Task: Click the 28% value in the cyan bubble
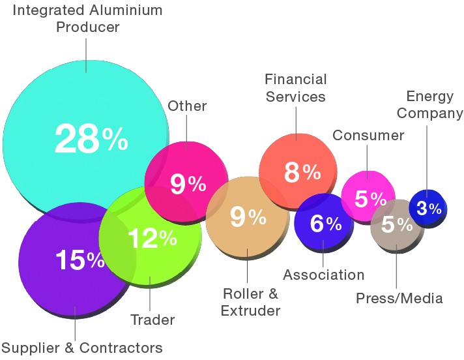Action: click(91, 139)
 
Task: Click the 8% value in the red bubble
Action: click(302, 173)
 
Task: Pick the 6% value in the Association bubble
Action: click(325, 224)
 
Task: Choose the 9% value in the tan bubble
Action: click(248, 218)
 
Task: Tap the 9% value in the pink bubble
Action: click(188, 185)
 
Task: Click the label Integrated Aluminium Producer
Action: click(88, 19)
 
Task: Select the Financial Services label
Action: click(295, 88)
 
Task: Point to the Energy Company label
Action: click(429, 105)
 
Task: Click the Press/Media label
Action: click(399, 299)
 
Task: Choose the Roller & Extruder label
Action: click(250, 301)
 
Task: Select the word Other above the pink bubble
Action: click(187, 106)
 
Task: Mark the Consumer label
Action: click(368, 136)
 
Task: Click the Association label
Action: click(324, 275)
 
